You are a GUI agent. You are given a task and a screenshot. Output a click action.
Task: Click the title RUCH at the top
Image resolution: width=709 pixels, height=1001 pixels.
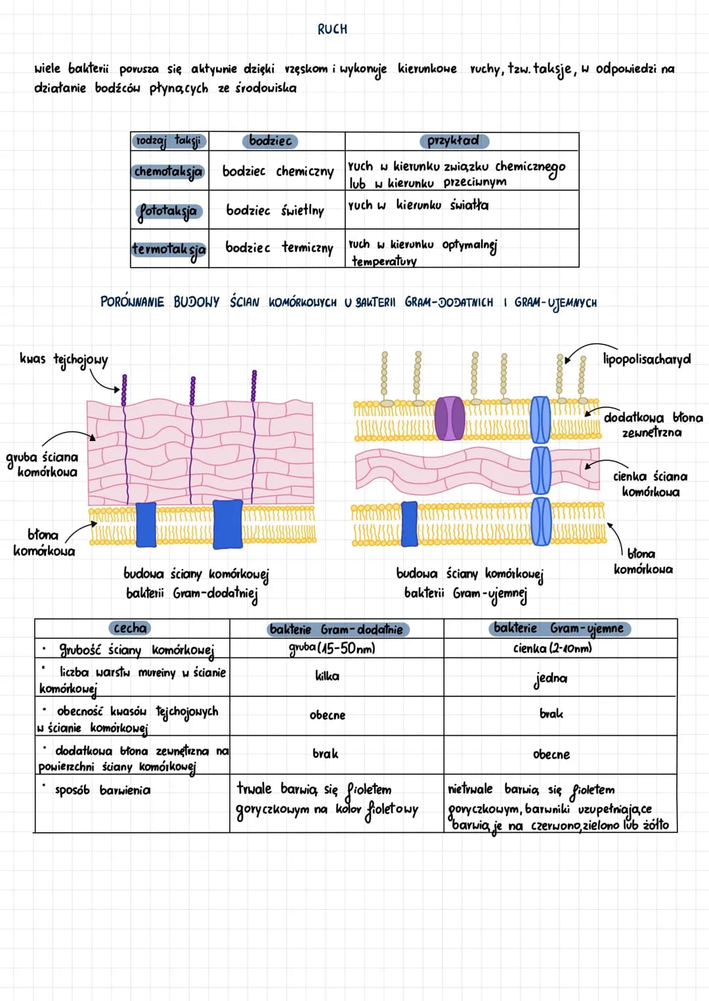pyautogui.click(x=332, y=29)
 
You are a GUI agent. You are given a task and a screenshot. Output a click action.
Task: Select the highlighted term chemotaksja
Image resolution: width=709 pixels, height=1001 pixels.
pyautogui.click(x=168, y=171)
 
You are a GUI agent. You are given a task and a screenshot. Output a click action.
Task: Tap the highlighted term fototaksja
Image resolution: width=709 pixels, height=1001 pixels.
pyautogui.click(x=169, y=211)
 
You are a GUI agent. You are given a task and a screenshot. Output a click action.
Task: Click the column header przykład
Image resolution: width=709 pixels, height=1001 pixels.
pyautogui.click(x=454, y=141)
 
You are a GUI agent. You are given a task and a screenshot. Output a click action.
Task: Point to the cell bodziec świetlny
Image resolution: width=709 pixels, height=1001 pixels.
pyautogui.click(x=275, y=211)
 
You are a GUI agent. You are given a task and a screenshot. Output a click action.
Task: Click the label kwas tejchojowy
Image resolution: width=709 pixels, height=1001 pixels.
pyautogui.click(x=64, y=360)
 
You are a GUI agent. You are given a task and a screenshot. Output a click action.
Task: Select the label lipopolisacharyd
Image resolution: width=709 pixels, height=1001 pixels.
pyautogui.click(x=647, y=359)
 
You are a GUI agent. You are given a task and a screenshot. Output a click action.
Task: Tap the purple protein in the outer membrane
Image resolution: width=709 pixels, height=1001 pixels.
pyautogui.click(x=450, y=418)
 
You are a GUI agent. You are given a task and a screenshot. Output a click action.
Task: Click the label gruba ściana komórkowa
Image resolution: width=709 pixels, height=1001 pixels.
pyautogui.click(x=43, y=465)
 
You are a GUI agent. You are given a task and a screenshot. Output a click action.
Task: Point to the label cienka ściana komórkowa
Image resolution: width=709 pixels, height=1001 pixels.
pyautogui.click(x=651, y=484)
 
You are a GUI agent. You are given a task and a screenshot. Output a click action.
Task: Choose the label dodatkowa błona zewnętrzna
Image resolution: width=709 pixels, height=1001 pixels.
pyautogui.click(x=653, y=425)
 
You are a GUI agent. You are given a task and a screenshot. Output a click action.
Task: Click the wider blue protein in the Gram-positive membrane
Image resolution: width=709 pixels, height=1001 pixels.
pyautogui.click(x=228, y=524)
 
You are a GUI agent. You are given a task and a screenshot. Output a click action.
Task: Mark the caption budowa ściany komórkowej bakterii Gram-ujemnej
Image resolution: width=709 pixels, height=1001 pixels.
pyautogui.click(x=469, y=584)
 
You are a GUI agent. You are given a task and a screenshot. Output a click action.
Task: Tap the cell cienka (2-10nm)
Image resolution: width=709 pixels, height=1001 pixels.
pyautogui.click(x=553, y=648)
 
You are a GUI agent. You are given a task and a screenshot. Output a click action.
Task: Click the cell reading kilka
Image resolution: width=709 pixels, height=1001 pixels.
pyautogui.click(x=327, y=676)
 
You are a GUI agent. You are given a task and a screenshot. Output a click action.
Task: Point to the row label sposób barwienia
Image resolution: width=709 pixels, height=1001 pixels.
pyautogui.click(x=102, y=790)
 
